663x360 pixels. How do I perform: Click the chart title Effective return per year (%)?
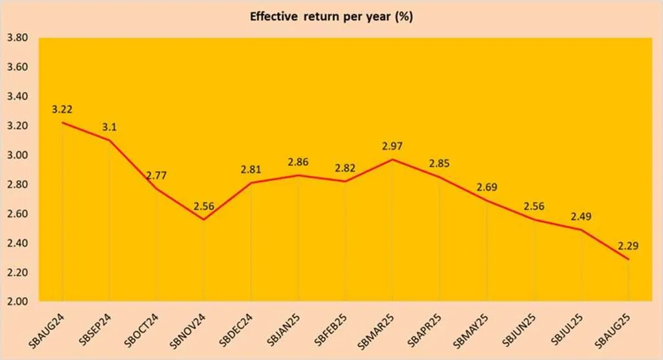pos(331,17)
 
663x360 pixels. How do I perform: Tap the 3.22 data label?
pos(62,109)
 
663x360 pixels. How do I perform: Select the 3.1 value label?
pos(108,127)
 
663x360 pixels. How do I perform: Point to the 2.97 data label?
pos(392,146)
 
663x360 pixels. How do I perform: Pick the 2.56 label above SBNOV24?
pos(203,207)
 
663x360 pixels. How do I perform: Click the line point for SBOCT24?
pos(157,188)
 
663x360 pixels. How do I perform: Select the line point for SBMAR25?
pos(392,159)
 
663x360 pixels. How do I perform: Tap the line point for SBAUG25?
pos(628,259)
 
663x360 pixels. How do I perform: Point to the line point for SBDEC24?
pos(251,183)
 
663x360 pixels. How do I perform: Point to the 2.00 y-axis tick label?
pos(16,302)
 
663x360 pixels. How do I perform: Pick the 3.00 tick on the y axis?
pos(16,155)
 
